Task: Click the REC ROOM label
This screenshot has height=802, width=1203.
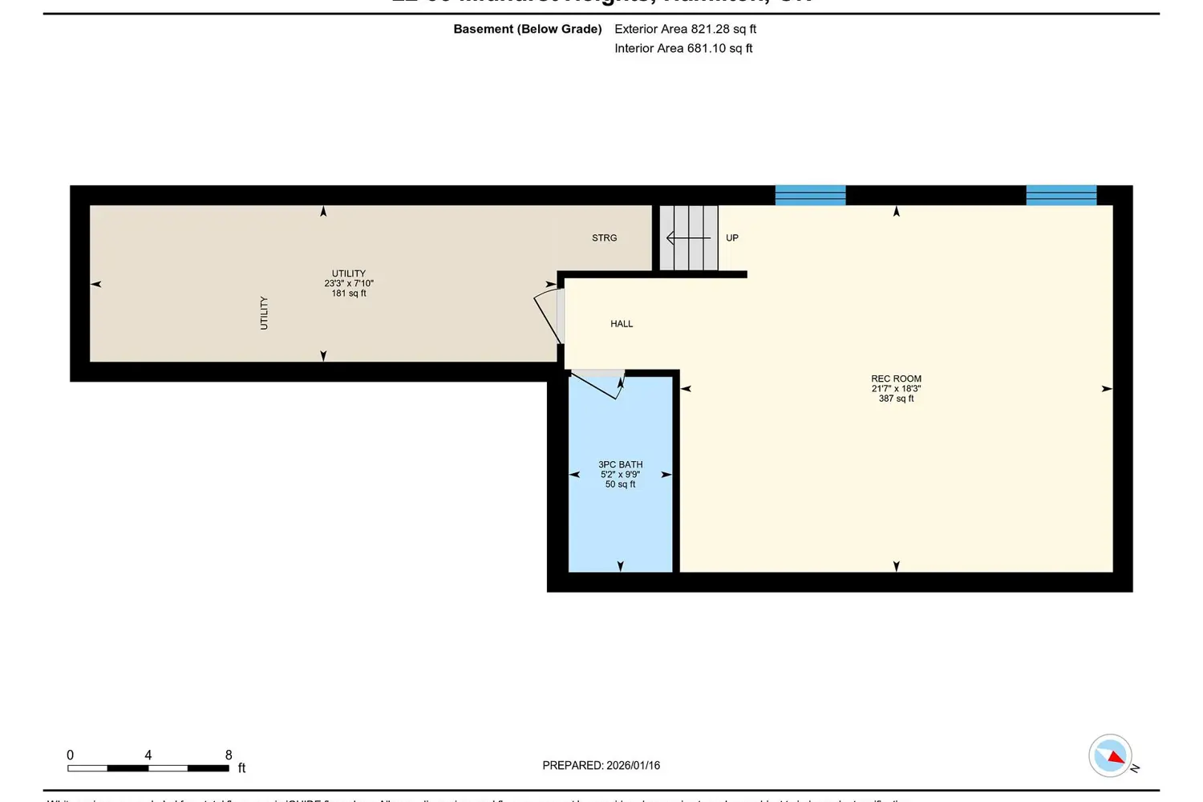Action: click(x=896, y=379)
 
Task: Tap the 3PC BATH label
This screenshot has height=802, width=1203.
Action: click(x=620, y=464)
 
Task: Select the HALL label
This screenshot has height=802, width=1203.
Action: click(x=622, y=324)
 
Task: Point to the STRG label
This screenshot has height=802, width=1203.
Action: click(x=605, y=238)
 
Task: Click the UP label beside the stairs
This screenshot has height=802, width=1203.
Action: click(x=732, y=238)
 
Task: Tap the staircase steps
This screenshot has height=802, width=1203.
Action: click(x=689, y=238)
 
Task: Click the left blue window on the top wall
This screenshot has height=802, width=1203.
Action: click(x=810, y=195)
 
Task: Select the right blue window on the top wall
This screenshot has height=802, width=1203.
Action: click(x=1061, y=195)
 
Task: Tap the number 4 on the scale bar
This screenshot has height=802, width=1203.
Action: click(x=148, y=755)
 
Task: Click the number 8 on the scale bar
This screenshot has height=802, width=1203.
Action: click(x=229, y=755)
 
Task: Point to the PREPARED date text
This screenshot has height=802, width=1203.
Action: click(x=601, y=765)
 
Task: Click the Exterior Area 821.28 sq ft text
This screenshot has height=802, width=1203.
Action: click(x=685, y=29)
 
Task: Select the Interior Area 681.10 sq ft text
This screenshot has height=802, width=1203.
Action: click(x=683, y=48)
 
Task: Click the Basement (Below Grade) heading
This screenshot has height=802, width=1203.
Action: click(x=527, y=29)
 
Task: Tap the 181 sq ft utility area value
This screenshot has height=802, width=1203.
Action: click(x=349, y=294)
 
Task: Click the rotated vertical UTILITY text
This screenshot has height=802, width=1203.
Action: click(x=264, y=313)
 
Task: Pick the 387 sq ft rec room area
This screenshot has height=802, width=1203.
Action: click(x=896, y=399)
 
